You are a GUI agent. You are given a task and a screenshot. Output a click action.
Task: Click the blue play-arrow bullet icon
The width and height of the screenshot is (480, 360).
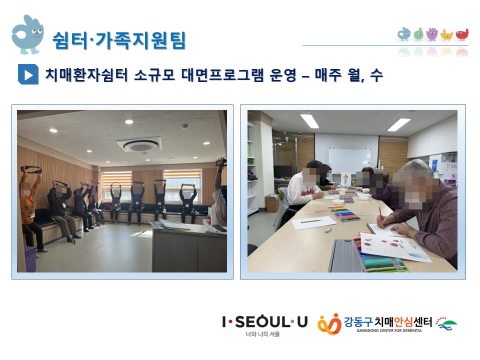click(28, 74)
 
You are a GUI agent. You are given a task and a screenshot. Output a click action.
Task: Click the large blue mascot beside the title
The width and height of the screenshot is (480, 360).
click(27, 34)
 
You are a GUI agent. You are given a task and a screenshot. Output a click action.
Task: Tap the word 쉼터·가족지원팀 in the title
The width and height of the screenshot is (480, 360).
click(119, 40)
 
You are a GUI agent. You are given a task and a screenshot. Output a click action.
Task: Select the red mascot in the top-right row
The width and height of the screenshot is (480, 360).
click(462, 35)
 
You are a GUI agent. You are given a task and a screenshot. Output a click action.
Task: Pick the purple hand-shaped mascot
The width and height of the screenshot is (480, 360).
click(432, 34)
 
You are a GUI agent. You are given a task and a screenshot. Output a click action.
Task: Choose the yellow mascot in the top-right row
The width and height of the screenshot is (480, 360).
click(446, 35)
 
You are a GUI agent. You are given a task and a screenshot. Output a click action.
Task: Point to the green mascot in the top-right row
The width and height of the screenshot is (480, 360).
click(418, 34)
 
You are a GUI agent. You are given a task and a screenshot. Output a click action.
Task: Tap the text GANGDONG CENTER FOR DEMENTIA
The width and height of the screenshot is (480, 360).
click(389, 330)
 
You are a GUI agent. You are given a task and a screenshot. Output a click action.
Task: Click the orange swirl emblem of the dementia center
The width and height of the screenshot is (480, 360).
click(329, 324)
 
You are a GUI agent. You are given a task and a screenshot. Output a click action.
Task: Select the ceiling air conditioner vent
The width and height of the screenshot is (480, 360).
click(138, 144)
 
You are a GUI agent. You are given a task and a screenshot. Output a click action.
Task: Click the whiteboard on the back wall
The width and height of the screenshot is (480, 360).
click(349, 160)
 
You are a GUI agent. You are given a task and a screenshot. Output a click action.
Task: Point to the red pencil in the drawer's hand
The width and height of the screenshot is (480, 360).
click(380, 217)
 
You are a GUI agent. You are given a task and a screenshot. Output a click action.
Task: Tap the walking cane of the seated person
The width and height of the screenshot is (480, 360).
click(62, 229)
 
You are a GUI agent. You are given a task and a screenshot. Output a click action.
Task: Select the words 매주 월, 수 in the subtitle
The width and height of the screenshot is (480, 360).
click(348, 75)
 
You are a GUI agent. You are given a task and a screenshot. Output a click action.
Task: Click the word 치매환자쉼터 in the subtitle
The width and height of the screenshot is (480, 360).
click(86, 74)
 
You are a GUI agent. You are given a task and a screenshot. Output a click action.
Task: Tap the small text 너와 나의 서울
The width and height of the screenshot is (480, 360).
click(262, 334)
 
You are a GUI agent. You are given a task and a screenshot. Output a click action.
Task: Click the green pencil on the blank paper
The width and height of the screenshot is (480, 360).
click(310, 220)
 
